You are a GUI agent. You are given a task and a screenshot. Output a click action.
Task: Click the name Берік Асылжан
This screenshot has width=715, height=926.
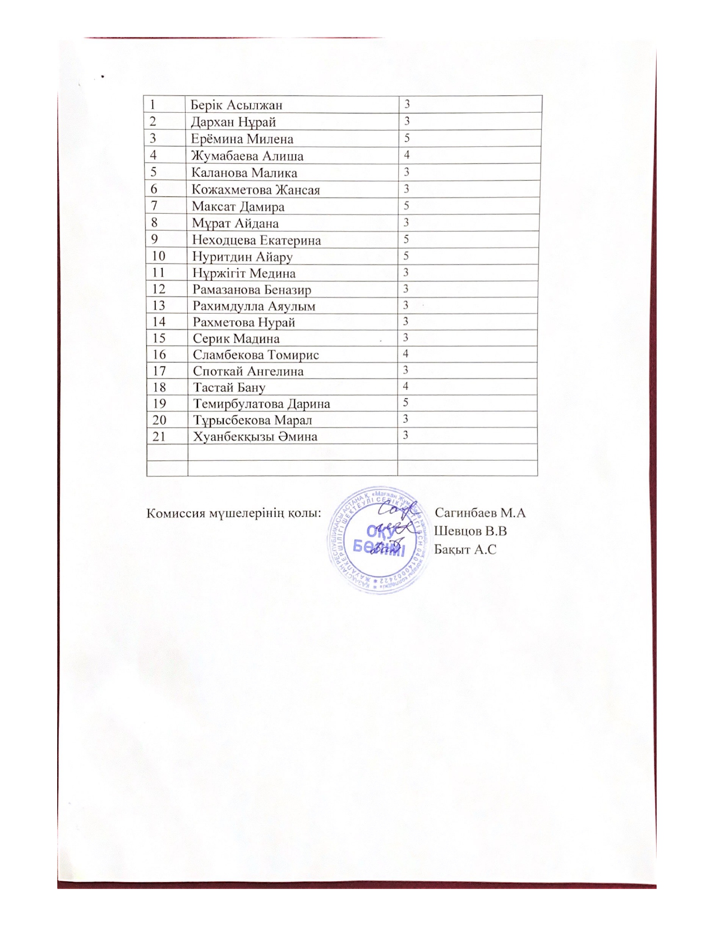pos(236,105)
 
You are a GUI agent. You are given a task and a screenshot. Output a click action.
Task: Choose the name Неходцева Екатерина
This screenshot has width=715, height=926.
pos(256,240)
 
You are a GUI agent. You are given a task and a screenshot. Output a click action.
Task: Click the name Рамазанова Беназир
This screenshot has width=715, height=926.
pos(252,290)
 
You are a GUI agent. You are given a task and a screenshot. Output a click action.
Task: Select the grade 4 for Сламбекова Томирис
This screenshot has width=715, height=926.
pos(405,354)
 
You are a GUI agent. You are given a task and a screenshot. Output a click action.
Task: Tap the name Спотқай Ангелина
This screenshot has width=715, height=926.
pos(248,371)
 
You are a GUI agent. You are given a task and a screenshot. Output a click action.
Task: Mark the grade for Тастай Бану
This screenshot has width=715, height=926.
pos(405,386)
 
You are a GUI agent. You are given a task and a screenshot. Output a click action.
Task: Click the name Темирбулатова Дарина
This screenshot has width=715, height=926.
pos(261,404)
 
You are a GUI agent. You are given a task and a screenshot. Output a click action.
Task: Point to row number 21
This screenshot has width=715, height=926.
pos(159,436)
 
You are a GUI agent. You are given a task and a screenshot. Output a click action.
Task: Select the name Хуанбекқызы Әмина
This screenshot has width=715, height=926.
pos(255,437)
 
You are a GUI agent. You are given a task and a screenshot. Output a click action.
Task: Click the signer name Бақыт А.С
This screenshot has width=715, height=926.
pos(465,549)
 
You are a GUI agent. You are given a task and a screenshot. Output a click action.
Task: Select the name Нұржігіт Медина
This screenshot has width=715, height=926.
pos(244,273)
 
